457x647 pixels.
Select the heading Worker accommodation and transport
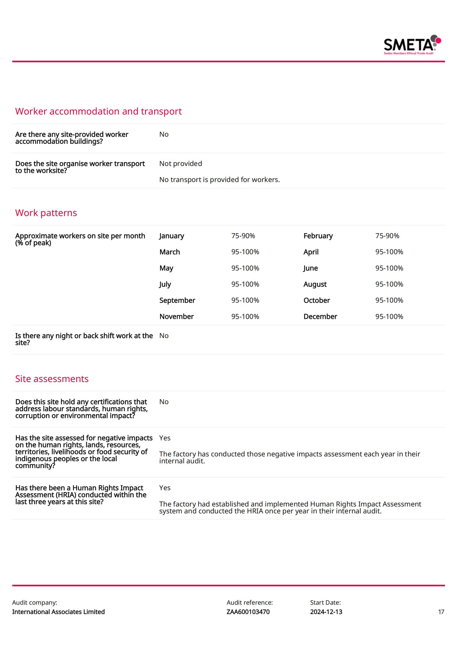point(98,111)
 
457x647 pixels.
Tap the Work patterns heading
point(46,213)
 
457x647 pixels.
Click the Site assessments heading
point(52,379)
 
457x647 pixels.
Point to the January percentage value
point(243,236)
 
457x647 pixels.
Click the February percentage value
point(387,236)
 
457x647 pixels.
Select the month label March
point(169,252)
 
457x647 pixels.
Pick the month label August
point(315,284)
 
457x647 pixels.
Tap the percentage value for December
point(389,316)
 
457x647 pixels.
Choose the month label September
point(177,300)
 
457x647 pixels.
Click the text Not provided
point(181,163)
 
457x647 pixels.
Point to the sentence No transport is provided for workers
point(219,180)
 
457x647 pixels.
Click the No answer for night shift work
point(164,336)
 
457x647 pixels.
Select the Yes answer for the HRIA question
point(165,488)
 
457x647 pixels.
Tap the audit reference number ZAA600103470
point(248,612)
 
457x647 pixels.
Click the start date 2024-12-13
point(326,612)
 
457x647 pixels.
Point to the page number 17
point(441,612)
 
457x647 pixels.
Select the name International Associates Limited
point(58,612)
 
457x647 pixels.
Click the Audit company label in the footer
point(35,602)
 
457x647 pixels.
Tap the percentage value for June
point(389,268)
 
